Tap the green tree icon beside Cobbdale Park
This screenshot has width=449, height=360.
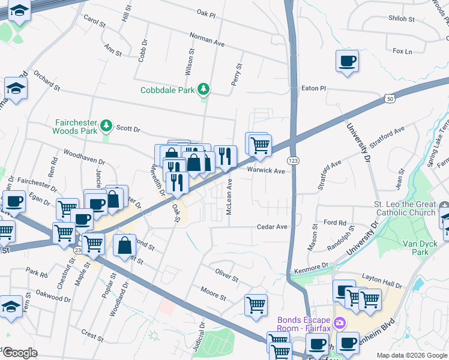tap(204, 90)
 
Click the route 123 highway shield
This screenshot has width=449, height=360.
tap(294, 161)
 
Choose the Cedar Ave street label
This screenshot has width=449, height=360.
tap(272, 227)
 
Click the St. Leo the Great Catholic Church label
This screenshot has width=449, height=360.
tap(405, 209)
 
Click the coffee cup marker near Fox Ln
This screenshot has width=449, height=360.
tap(347, 61)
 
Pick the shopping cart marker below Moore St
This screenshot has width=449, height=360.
tap(256, 305)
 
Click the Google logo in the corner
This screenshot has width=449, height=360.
tap(19, 353)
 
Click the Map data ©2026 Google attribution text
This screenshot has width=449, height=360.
tap(411, 355)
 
